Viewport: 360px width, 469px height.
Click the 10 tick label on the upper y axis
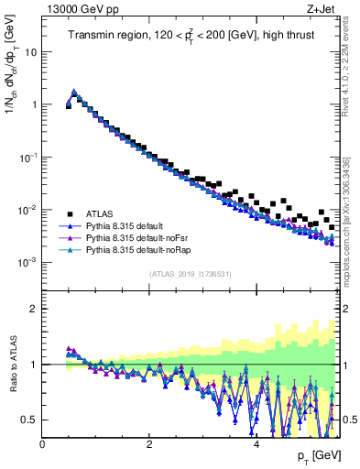(x=30, y=52)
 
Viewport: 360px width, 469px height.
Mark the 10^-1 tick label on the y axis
(x=27, y=157)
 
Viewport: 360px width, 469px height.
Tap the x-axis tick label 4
(x=256, y=445)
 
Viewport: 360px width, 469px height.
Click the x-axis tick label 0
(x=43, y=445)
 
